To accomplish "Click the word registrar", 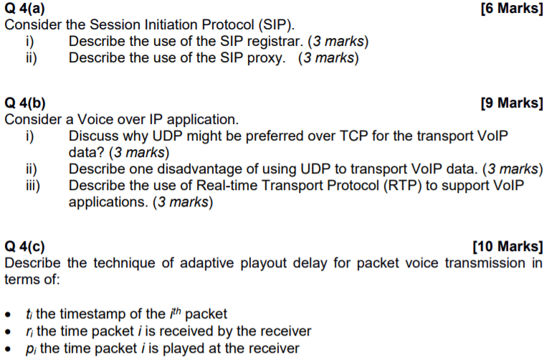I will click(x=275, y=40).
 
